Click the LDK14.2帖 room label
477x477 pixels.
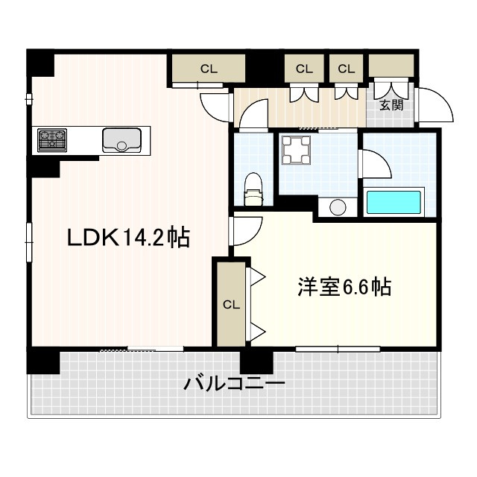point(128,238)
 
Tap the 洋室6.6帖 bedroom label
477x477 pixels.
point(345,287)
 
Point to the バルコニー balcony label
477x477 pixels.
point(234,385)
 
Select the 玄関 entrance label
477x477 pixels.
point(391,105)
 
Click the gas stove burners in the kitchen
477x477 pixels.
point(52,139)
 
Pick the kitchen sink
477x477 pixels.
point(122,139)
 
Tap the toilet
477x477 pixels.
point(253,189)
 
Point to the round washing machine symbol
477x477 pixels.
point(336,206)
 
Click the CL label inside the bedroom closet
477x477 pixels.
point(231,304)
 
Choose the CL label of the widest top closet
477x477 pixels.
point(209,69)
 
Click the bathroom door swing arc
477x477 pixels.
point(375,165)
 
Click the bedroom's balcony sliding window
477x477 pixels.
point(338,349)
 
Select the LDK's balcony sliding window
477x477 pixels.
point(142,349)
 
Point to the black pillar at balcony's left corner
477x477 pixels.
point(43,361)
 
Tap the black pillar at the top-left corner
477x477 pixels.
point(40,63)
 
